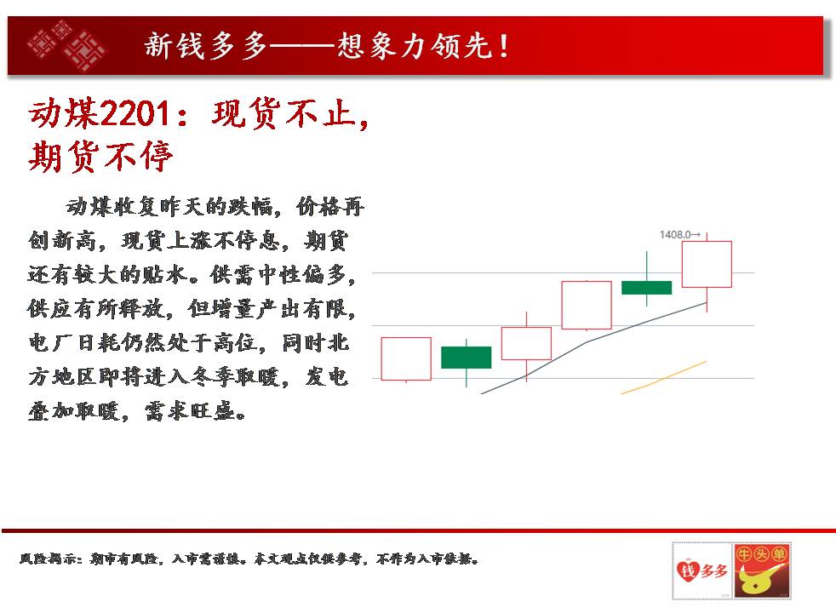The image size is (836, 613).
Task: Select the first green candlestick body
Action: (466, 357)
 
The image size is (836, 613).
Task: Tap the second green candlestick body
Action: (646, 287)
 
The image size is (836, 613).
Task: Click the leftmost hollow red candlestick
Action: (406, 358)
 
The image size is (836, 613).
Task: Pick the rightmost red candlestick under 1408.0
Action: (707, 265)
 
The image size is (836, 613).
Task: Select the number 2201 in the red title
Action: (135, 113)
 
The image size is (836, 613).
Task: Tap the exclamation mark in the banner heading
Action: (503, 46)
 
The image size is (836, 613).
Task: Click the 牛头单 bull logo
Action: (761, 570)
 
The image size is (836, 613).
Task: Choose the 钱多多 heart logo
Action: (701, 570)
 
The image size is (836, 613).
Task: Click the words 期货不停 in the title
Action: (100, 157)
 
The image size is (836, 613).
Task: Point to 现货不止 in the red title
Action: (283, 114)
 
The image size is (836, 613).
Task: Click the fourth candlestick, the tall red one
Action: (587, 305)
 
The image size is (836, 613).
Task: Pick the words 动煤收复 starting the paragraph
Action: (112, 207)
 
